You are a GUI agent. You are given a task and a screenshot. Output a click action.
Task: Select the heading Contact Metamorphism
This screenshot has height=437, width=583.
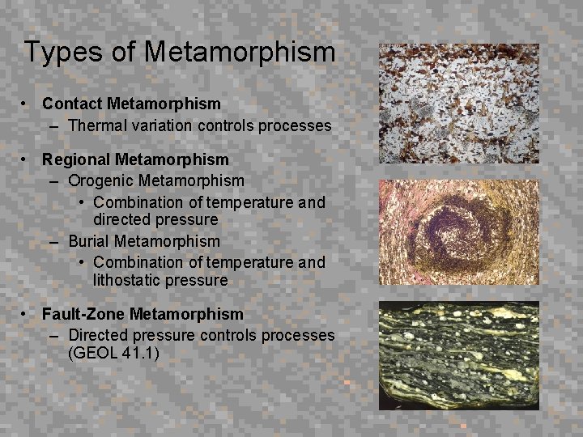click(x=131, y=104)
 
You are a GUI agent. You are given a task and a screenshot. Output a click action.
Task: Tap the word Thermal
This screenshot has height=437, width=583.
click(x=96, y=125)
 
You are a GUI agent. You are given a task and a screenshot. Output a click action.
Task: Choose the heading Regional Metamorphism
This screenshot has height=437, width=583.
click(x=135, y=159)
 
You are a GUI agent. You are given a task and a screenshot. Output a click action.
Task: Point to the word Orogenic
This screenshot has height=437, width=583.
click(x=101, y=180)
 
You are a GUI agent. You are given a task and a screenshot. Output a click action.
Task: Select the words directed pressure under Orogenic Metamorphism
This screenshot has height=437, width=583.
click(x=155, y=219)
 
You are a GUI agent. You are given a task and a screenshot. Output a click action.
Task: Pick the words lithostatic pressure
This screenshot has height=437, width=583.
click(x=160, y=280)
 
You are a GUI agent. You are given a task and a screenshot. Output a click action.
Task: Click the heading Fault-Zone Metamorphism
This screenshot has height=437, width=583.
click(x=143, y=313)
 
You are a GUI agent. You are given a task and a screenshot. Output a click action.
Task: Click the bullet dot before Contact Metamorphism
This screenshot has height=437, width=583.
click(x=28, y=104)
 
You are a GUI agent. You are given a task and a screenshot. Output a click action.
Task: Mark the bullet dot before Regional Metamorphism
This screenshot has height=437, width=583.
click(x=28, y=159)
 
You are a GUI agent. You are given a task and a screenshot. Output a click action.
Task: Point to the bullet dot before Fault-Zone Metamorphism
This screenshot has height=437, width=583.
click(x=28, y=313)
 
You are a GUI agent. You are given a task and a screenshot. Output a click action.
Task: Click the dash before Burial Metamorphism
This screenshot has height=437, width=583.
click(x=53, y=241)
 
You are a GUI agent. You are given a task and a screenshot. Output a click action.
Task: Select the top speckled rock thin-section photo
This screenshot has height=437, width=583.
click(x=458, y=104)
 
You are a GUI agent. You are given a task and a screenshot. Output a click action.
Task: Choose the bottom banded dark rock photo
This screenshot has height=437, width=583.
click(x=458, y=355)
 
